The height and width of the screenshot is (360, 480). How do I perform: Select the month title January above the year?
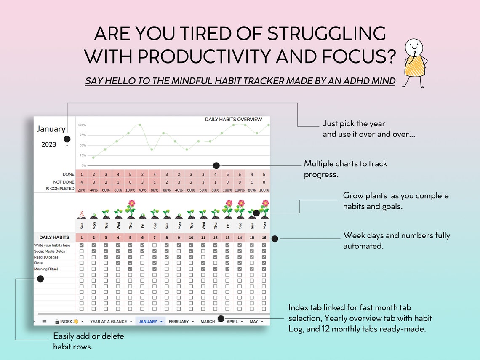click(51, 129)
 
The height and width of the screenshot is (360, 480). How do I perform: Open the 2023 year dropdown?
click(67, 146)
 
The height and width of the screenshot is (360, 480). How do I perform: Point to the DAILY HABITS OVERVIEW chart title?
click(233, 120)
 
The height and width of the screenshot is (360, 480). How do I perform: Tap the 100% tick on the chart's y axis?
click(82, 125)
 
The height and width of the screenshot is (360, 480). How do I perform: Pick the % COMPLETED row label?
click(60, 189)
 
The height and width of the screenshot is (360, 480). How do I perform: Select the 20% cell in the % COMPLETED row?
click(81, 189)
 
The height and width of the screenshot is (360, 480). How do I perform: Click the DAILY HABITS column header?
click(54, 237)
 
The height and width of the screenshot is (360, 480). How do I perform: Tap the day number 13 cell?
click(228, 238)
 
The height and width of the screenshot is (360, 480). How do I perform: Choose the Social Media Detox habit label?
click(49, 251)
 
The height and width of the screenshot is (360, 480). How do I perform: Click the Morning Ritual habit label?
click(46, 269)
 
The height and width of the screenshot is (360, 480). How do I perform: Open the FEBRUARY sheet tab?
click(179, 322)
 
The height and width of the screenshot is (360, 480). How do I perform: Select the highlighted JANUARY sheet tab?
click(148, 322)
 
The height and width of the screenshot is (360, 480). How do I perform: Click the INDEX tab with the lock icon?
click(67, 322)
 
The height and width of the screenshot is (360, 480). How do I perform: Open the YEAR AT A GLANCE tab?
click(108, 322)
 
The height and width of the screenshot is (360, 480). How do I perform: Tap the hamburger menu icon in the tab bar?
click(44, 322)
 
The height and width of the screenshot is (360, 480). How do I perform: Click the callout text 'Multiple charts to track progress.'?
click(345, 169)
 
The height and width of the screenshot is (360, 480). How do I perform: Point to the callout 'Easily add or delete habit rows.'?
click(88, 341)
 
